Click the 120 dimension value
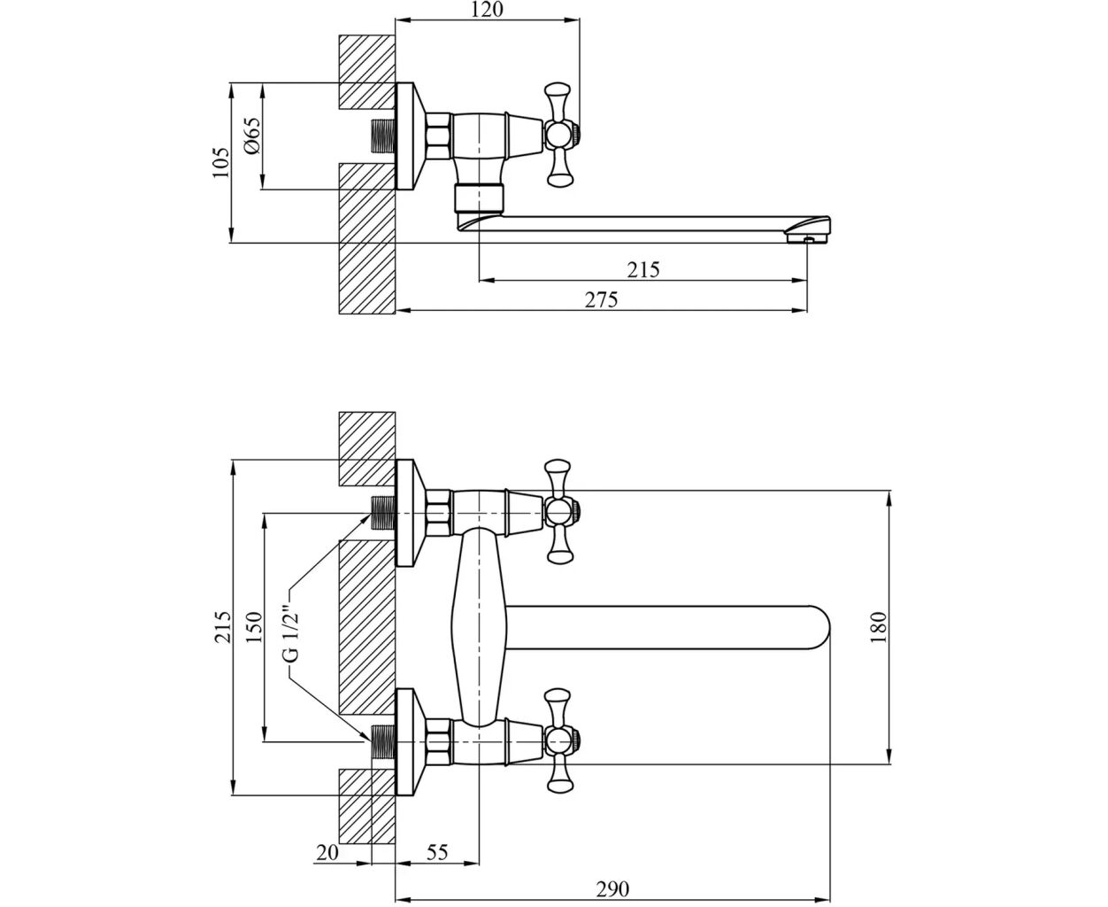pyautogui.click(x=488, y=10)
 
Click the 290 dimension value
pyautogui.click(x=612, y=889)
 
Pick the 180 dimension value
pyautogui.click(x=878, y=626)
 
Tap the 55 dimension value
pyautogui.click(x=437, y=853)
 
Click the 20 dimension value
pyautogui.click(x=327, y=853)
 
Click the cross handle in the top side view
pyautogui.click(x=558, y=135)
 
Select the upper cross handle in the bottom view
pyautogui.click(x=558, y=511)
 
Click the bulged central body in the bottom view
pyautogui.click(x=478, y=624)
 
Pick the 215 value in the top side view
pyautogui.click(x=643, y=269)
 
